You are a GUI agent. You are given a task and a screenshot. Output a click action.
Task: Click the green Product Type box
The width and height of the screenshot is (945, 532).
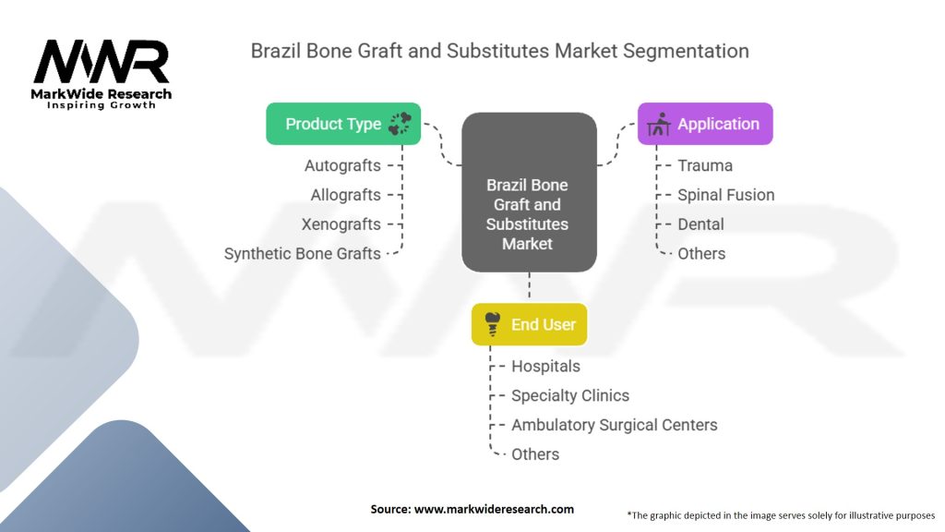click(x=343, y=124)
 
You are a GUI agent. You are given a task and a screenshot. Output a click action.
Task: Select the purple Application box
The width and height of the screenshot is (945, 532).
click(x=705, y=124)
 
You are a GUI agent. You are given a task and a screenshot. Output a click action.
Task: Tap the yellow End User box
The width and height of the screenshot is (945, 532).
click(x=529, y=324)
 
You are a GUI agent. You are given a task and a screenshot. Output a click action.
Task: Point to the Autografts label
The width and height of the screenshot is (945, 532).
click(x=342, y=165)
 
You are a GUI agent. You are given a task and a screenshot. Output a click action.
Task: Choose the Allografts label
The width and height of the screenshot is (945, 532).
click(x=345, y=195)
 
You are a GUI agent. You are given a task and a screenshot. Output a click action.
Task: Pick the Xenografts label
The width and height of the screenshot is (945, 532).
click(x=341, y=224)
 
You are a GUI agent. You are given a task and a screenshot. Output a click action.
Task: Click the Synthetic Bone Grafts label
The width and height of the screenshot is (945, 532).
click(x=302, y=253)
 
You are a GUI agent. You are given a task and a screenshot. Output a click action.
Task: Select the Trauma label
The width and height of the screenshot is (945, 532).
click(x=705, y=165)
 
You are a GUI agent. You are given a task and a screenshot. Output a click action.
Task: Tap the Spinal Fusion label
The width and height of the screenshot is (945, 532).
click(x=725, y=195)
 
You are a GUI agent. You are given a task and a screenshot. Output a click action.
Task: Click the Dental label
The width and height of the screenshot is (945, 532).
click(x=700, y=224)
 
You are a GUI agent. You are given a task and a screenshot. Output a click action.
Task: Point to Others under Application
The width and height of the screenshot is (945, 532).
click(x=701, y=253)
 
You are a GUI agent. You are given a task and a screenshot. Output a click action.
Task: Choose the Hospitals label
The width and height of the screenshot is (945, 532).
click(x=545, y=366)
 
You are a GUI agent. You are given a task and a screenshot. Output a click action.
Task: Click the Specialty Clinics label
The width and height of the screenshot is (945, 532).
click(x=569, y=395)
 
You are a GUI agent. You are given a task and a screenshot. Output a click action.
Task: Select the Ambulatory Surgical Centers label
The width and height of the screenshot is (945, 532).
click(x=614, y=425)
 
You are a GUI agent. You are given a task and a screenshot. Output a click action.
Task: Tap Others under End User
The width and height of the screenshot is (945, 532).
click(x=535, y=453)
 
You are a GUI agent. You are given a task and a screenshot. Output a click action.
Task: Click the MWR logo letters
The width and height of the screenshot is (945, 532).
click(x=102, y=63)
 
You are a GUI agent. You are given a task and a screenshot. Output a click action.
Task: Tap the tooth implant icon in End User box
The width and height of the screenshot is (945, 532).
click(x=493, y=323)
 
